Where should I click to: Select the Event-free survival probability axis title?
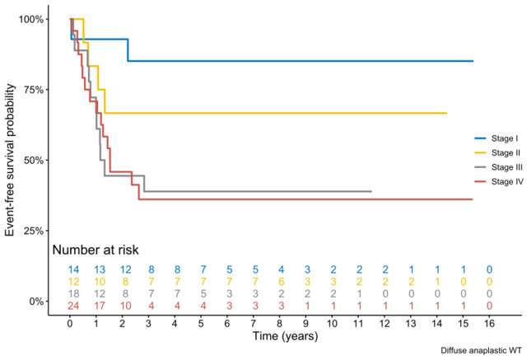11,159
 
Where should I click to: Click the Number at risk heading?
95,249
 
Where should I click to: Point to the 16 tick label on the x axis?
490,322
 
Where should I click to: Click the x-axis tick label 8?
281,322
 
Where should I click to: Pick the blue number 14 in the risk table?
72,269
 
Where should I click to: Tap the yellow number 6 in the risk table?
281,280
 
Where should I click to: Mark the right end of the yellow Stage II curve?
446,113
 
